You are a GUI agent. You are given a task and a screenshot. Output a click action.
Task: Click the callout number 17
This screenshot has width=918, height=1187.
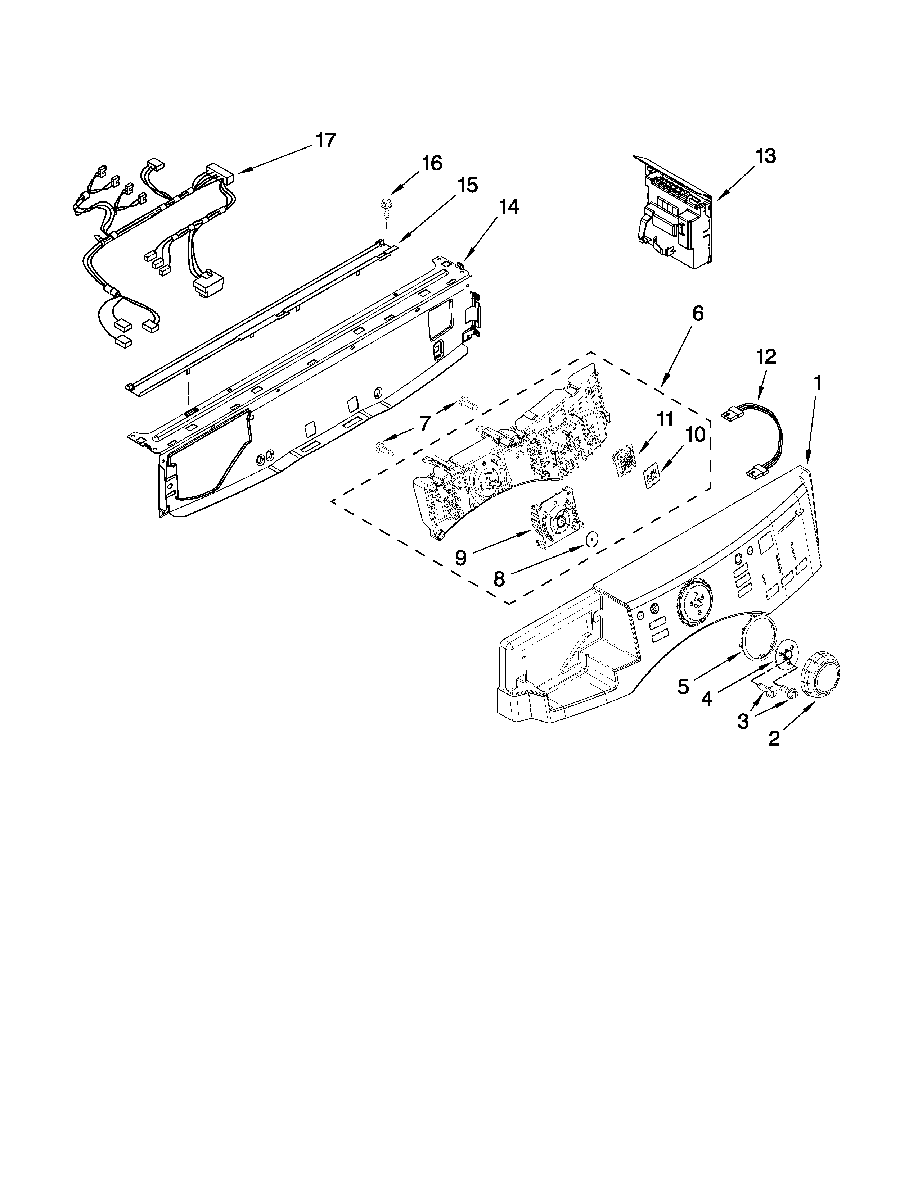coord(326,140)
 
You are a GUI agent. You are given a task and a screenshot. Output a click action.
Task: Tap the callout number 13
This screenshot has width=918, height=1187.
coord(766,156)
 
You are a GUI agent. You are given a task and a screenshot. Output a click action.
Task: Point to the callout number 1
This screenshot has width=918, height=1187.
coord(817,384)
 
